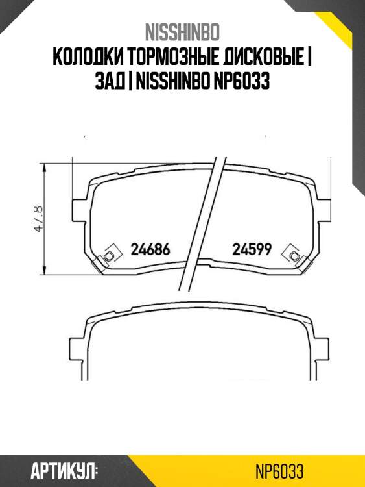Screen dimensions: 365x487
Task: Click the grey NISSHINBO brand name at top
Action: pos(182,32)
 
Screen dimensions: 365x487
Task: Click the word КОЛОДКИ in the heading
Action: pos(88,58)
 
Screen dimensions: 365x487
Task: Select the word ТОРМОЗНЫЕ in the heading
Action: pos(174,58)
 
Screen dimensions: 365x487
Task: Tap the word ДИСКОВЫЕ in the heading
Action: pos(264,58)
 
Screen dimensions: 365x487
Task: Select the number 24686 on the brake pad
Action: pos(150,249)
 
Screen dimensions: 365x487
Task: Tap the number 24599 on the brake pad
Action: pos(252,249)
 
